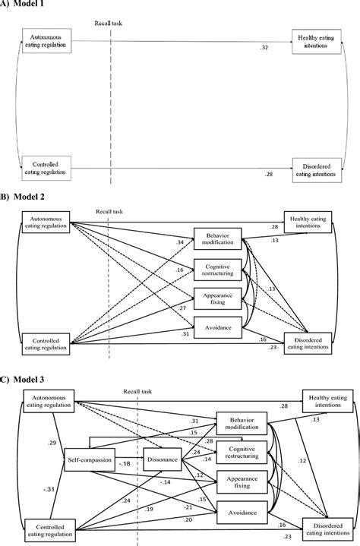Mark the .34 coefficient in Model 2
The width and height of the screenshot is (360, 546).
point(180,242)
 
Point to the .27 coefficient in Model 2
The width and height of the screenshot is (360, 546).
point(182,309)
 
